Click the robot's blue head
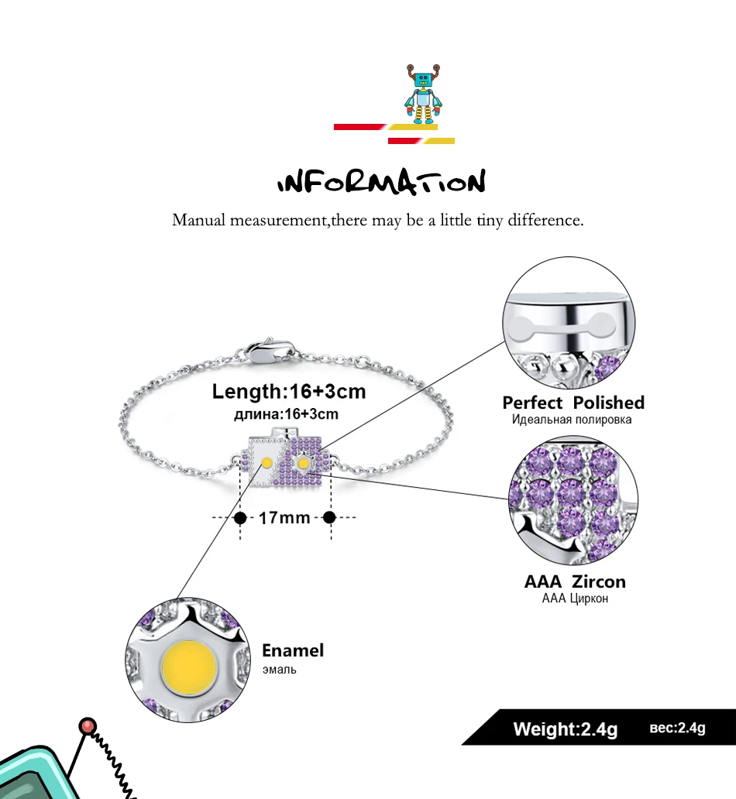point(423,80)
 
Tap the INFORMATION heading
point(381,182)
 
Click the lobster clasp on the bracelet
point(270,351)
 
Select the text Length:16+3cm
point(289,391)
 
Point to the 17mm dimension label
point(284,518)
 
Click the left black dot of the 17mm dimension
point(240,518)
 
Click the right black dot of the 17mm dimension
point(329,517)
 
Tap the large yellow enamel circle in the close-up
point(189,667)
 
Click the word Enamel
point(293,650)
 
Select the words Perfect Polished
point(573,403)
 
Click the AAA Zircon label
point(575,581)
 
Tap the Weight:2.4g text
point(565,729)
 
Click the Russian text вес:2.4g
point(677,729)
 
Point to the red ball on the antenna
point(88,725)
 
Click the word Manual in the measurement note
point(198,220)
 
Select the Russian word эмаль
point(280,670)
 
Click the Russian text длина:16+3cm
point(286,413)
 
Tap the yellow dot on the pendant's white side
point(267,463)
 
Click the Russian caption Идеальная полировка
point(572,420)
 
